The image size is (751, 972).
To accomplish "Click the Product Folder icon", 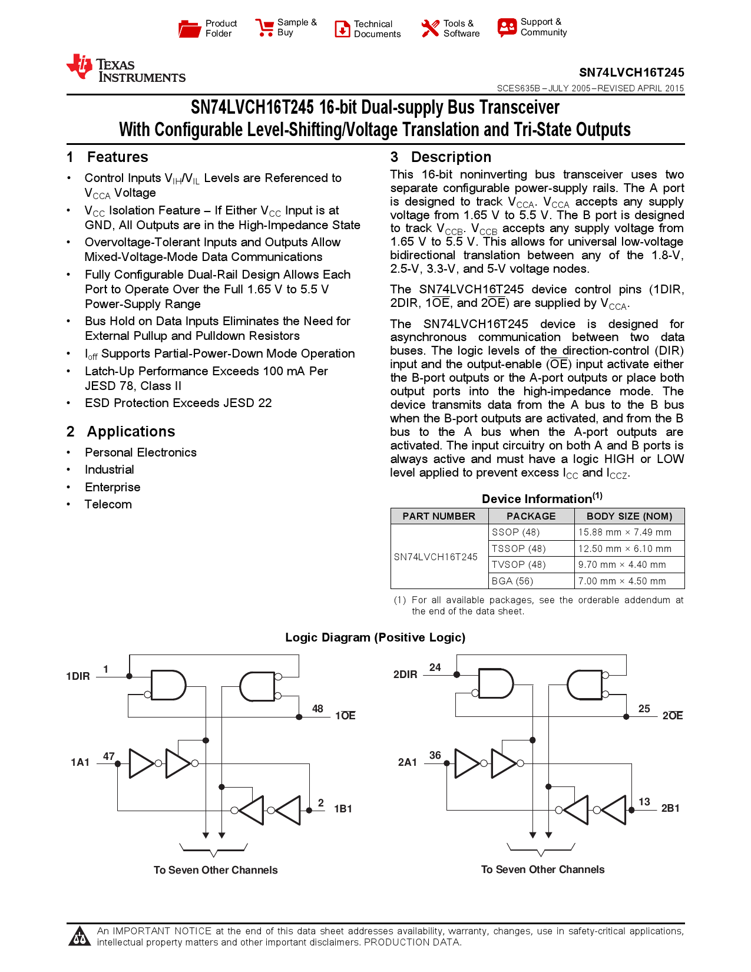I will pos(190,28).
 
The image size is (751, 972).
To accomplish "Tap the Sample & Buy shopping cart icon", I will pos(264,28).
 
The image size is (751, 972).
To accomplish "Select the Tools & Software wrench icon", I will pos(430,28).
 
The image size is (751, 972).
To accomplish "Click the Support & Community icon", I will pos(507,27).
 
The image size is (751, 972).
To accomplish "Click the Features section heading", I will pos(117,157).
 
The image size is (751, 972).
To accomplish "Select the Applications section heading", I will pos(131,432).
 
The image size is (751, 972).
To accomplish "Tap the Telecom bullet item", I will pos(108,504).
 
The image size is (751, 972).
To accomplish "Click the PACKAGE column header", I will pos(531,516).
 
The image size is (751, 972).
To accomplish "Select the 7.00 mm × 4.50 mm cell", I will pos(622,581).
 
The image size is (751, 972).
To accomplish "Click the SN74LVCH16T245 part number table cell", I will pos(435,557).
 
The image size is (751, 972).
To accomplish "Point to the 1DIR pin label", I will pos(78,676).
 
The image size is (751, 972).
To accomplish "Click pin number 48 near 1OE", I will pos(317,709).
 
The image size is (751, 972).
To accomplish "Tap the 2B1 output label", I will pos(670,808).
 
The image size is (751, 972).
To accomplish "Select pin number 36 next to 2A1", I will pos(435,755).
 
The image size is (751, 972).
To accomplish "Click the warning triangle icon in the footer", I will pos(80,936).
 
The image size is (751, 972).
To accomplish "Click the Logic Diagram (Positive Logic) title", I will pos(375,637).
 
